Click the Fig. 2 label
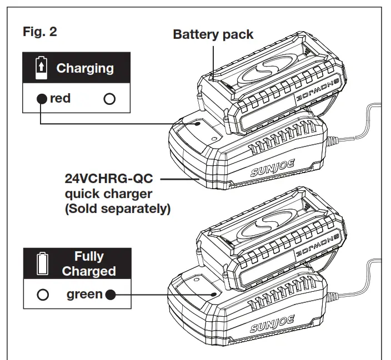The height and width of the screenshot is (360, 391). pos(39,32)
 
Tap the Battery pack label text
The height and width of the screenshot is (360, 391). pos(213,34)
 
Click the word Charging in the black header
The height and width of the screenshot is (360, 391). pos(85,68)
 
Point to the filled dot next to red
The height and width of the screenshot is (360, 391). pos(42,99)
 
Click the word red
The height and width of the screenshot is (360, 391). pos(60,99)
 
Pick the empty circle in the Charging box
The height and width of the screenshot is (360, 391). pos(109,99)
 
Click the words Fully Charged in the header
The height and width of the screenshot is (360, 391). pos(89,264)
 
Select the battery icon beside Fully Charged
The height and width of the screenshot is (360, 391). pos(39,264)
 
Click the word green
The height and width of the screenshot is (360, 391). pos(85,294)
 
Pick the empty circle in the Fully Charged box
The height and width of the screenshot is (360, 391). pos(42,295)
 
